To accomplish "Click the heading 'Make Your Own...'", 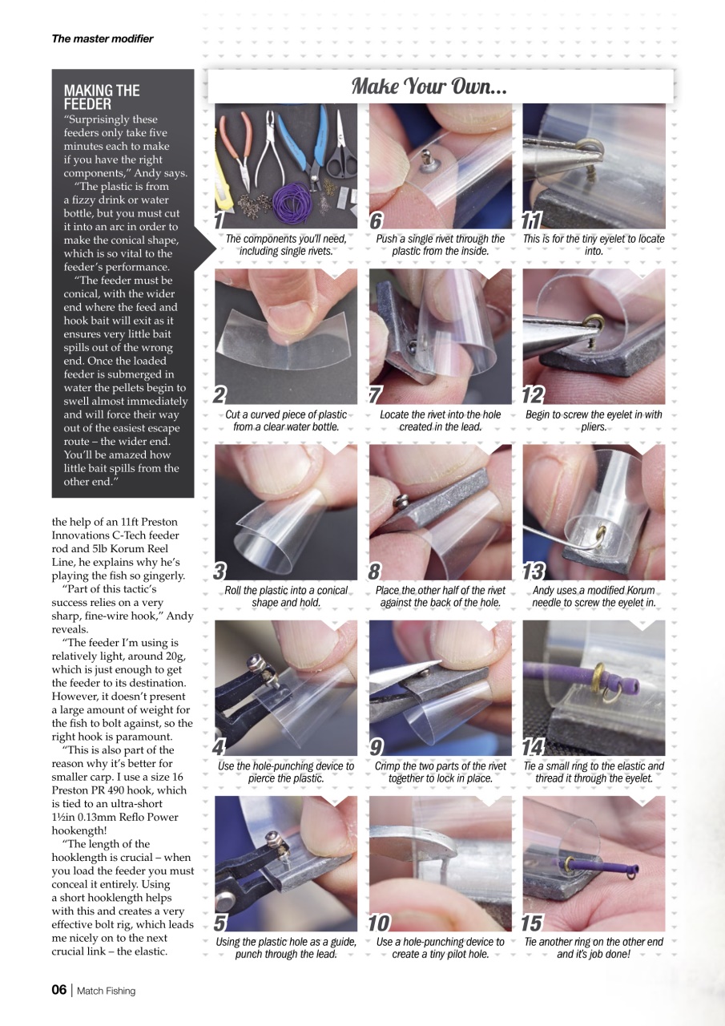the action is tap(429, 86).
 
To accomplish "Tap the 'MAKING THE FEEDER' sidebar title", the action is tap(102, 97).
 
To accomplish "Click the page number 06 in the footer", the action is tap(59, 990).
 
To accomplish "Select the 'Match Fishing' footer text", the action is tap(107, 991).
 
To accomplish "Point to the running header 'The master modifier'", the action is tap(103, 38).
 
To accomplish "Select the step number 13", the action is tap(534, 572).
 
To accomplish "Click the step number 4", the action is tap(220, 747).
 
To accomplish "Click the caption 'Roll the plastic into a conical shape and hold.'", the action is tap(286, 596).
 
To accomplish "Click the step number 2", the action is tap(220, 395).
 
